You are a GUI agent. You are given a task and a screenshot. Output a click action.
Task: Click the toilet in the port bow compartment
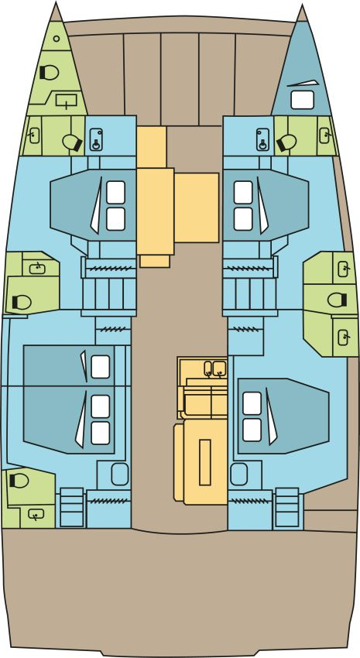[49, 72]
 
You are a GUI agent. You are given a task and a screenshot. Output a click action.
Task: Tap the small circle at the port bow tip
[57, 38]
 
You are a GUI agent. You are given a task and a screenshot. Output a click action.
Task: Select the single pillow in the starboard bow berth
[301, 99]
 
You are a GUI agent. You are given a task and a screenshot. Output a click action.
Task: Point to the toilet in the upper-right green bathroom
[286, 141]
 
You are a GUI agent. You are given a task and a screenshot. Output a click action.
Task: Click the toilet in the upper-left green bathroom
[74, 142]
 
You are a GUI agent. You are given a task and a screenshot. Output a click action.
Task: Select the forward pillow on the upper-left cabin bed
[115, 190]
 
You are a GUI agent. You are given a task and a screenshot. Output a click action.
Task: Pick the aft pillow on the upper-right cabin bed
[243, 218]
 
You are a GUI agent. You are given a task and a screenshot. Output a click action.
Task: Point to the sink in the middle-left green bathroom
[36, 268]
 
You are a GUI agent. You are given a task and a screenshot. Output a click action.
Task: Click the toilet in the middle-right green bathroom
[337, 300]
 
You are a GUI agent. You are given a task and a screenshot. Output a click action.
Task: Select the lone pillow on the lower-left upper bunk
[101, 366]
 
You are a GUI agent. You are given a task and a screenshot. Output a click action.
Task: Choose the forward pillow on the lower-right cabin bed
[252, 403]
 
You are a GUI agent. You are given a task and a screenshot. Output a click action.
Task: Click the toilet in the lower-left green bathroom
[19, 480]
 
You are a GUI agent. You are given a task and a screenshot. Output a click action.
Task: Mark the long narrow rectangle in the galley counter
[205, 461]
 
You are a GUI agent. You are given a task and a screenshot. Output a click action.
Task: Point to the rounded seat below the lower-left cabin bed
[118, 473]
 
